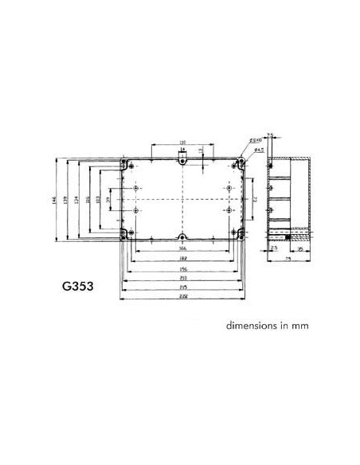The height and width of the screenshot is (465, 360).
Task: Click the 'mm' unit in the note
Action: (299, 326)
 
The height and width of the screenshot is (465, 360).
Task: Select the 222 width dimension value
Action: (182, 297)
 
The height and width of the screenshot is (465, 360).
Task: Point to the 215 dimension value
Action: (182, 287)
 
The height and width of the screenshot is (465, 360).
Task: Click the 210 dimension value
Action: (182, 278)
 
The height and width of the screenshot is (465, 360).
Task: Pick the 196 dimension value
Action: (182, 269)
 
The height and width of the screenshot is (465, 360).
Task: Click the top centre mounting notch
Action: (182, 162)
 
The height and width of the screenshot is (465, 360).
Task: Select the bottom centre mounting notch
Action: (182, 237)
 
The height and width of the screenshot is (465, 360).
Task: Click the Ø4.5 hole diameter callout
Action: (260, 149)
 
